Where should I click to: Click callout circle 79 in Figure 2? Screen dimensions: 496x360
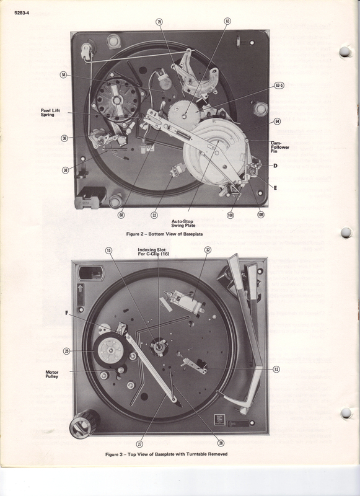[x=159, y=22]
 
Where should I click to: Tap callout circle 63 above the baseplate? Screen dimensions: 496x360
[x=227, y=20]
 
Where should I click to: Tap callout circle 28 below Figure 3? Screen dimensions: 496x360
[x=221, y=442]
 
